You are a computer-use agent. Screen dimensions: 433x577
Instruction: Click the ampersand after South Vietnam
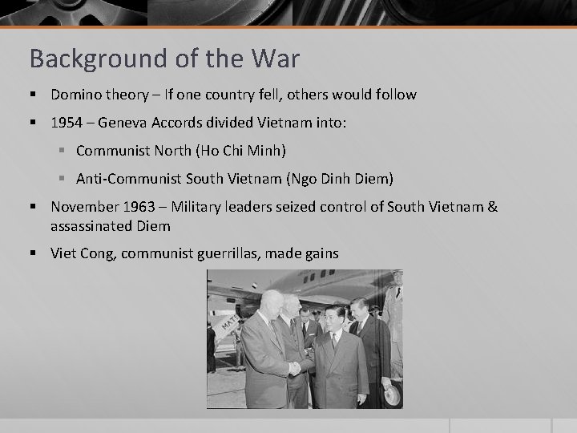(x=491, y=207)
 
